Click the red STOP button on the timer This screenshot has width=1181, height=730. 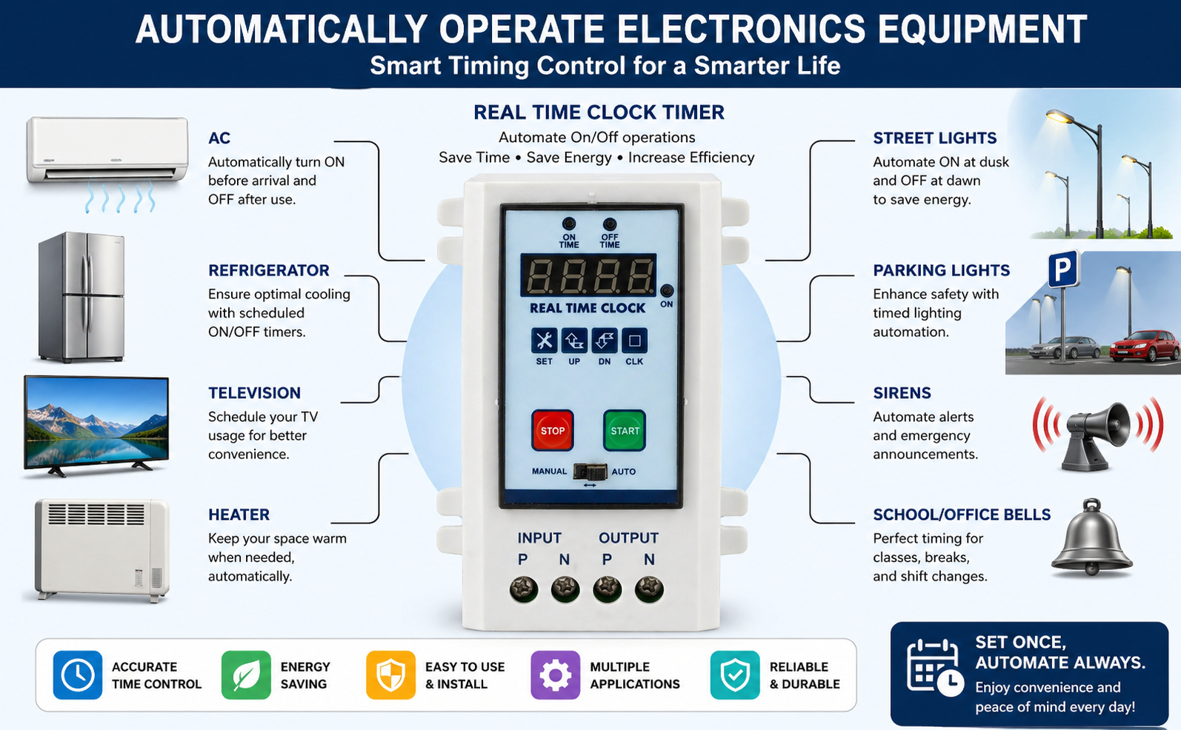(x=552, y=430)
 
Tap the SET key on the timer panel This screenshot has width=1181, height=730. (x=544, y=341)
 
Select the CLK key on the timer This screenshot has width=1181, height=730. (x=634, y=341)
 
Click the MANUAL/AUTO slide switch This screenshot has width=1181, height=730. (x=590, y=472)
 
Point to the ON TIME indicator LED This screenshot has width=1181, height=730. (x=569, y=224)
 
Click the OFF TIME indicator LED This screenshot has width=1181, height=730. (x=609, y=224)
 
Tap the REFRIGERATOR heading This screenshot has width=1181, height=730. (x=268, y=270)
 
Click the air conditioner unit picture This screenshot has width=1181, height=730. (x=107, y=151)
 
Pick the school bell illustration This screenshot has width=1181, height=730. (x=1091, y=538)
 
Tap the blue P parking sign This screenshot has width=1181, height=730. (x=1062, y=269)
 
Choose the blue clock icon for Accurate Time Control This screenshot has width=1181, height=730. (x=77, y=675)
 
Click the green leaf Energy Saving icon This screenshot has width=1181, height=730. (x=246, y=675)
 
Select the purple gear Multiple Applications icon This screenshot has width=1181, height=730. (x=555, y=675)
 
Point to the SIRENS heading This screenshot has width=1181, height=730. (x=902, y=393)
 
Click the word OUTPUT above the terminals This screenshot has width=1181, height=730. (x=628, y=538)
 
